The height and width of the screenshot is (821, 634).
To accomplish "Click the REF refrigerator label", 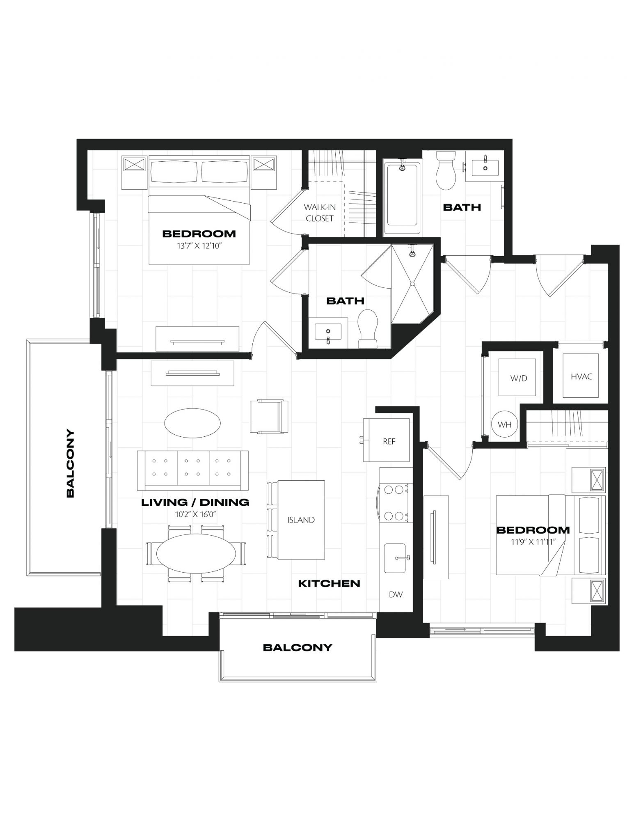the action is (389, 441).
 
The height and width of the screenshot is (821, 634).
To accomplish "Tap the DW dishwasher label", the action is (396, 594).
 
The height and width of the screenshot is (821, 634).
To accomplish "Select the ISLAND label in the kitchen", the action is (301, 520).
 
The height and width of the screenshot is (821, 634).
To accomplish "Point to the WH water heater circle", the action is (504, 424).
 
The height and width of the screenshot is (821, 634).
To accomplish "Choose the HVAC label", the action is (581, 376).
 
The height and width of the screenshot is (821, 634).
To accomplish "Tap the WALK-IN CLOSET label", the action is (320, 213).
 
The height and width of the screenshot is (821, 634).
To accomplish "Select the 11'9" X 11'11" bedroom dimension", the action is (533, 542).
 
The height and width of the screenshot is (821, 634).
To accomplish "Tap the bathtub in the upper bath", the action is (401, 198).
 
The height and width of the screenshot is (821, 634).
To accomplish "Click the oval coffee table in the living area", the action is (192, 422).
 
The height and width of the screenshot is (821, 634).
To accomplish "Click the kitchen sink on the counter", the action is (395, 558).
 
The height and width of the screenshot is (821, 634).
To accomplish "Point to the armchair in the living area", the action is (269, 416).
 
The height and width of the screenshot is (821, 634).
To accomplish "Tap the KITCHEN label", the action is (329, 583).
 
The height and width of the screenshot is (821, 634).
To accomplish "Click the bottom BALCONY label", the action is (298, 647).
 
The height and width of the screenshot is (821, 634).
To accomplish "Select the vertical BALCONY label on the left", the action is (70, 463).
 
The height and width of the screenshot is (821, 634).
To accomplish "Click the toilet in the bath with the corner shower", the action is (368, 328).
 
